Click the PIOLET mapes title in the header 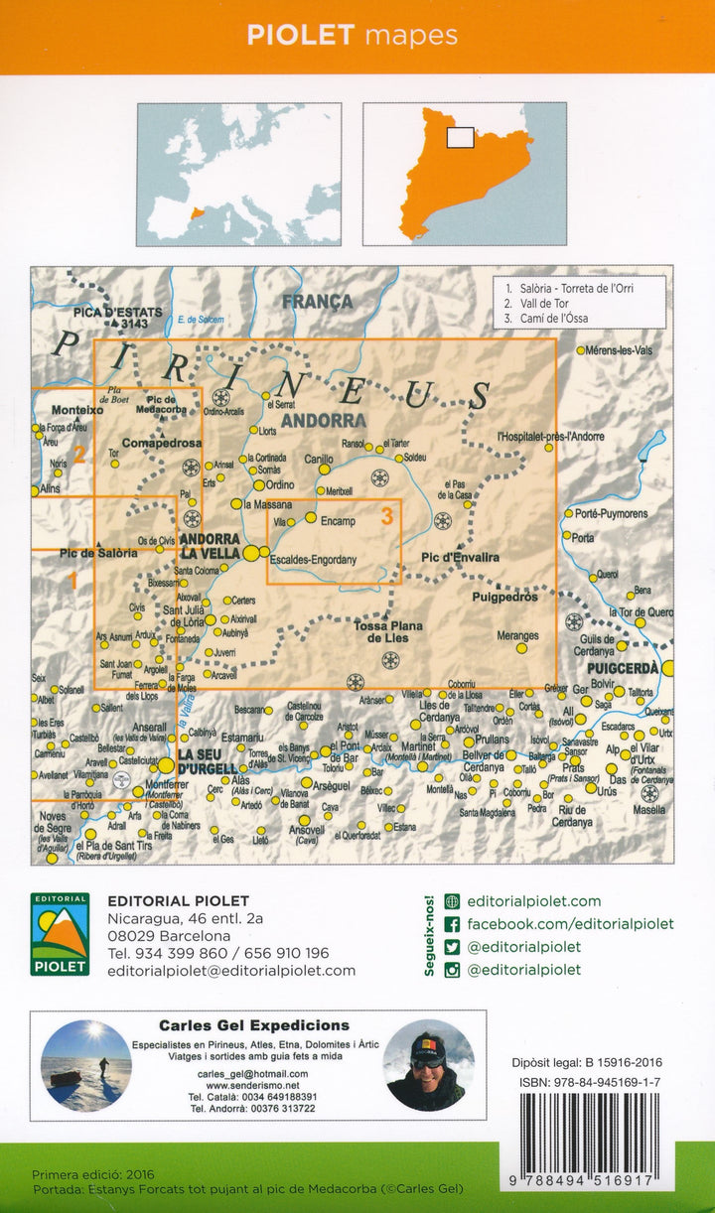[353, 36]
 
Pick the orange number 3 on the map [387, 515]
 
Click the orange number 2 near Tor [78, 454]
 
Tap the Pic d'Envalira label [460, 557]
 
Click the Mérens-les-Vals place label [620, 349]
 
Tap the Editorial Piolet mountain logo [60, 933]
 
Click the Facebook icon [452, 924]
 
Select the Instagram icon [452, 970]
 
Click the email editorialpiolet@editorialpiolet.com [230, 971]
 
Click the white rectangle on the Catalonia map [460, 137]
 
